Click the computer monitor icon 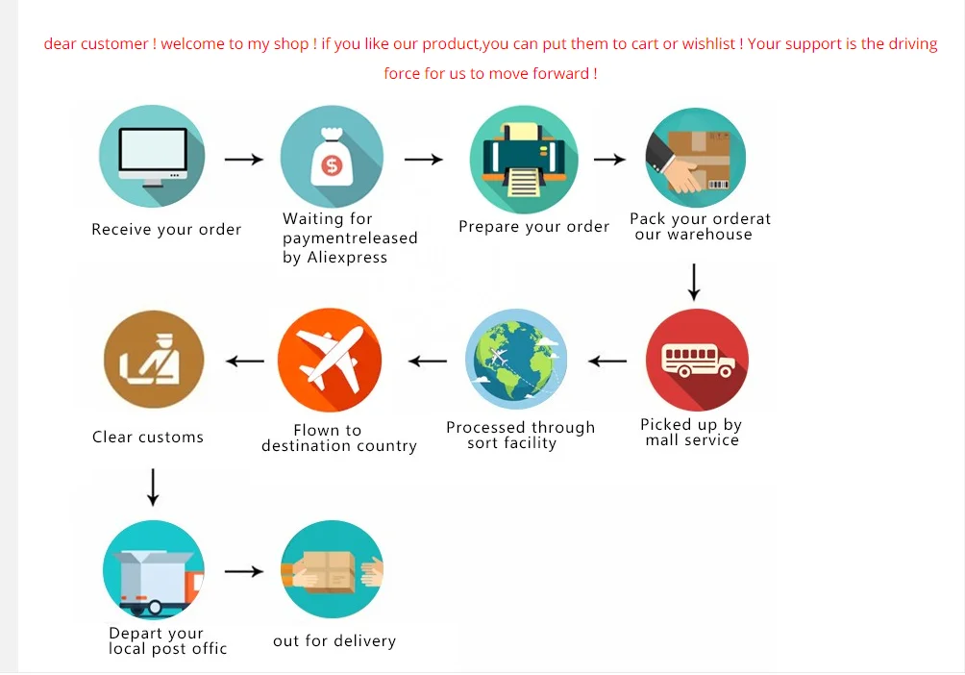152,157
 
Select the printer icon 524,160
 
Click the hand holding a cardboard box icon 695,158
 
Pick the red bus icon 697,361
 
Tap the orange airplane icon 330,361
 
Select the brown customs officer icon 154,360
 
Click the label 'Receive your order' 166,230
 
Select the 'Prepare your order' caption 533,227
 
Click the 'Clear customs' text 148,437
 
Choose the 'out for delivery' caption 334,641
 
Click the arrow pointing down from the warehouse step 694,281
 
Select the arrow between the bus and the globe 607,362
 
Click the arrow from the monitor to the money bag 243,159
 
